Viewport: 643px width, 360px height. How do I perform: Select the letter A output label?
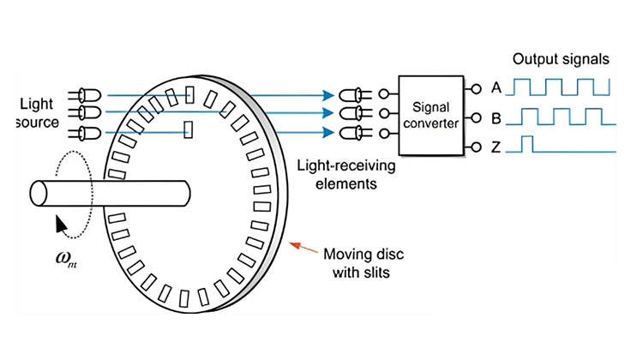point(495,87)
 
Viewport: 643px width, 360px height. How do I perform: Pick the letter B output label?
point(495,118)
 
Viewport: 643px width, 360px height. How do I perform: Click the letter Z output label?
point(495,148)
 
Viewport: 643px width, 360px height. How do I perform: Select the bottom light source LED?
point(89,132)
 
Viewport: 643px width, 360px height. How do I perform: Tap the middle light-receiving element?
point(351,112)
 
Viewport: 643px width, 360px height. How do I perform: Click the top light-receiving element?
point(351,94)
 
